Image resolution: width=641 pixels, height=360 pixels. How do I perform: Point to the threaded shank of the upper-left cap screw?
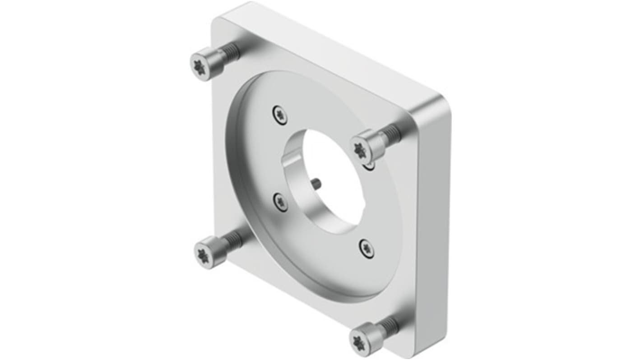coord(230,52)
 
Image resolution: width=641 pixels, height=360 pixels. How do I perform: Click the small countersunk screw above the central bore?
coord(280,115)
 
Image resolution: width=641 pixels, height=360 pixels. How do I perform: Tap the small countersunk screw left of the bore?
coord(281,201)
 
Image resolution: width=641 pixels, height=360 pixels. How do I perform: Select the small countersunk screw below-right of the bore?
coord(367,248)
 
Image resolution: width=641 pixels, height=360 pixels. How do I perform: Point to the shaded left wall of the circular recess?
coord(237,180)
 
